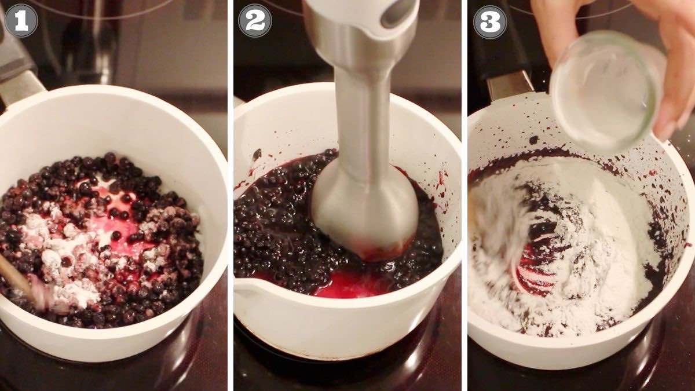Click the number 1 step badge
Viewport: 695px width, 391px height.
click(21, 21)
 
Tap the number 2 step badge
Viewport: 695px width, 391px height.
click(255, 21)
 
